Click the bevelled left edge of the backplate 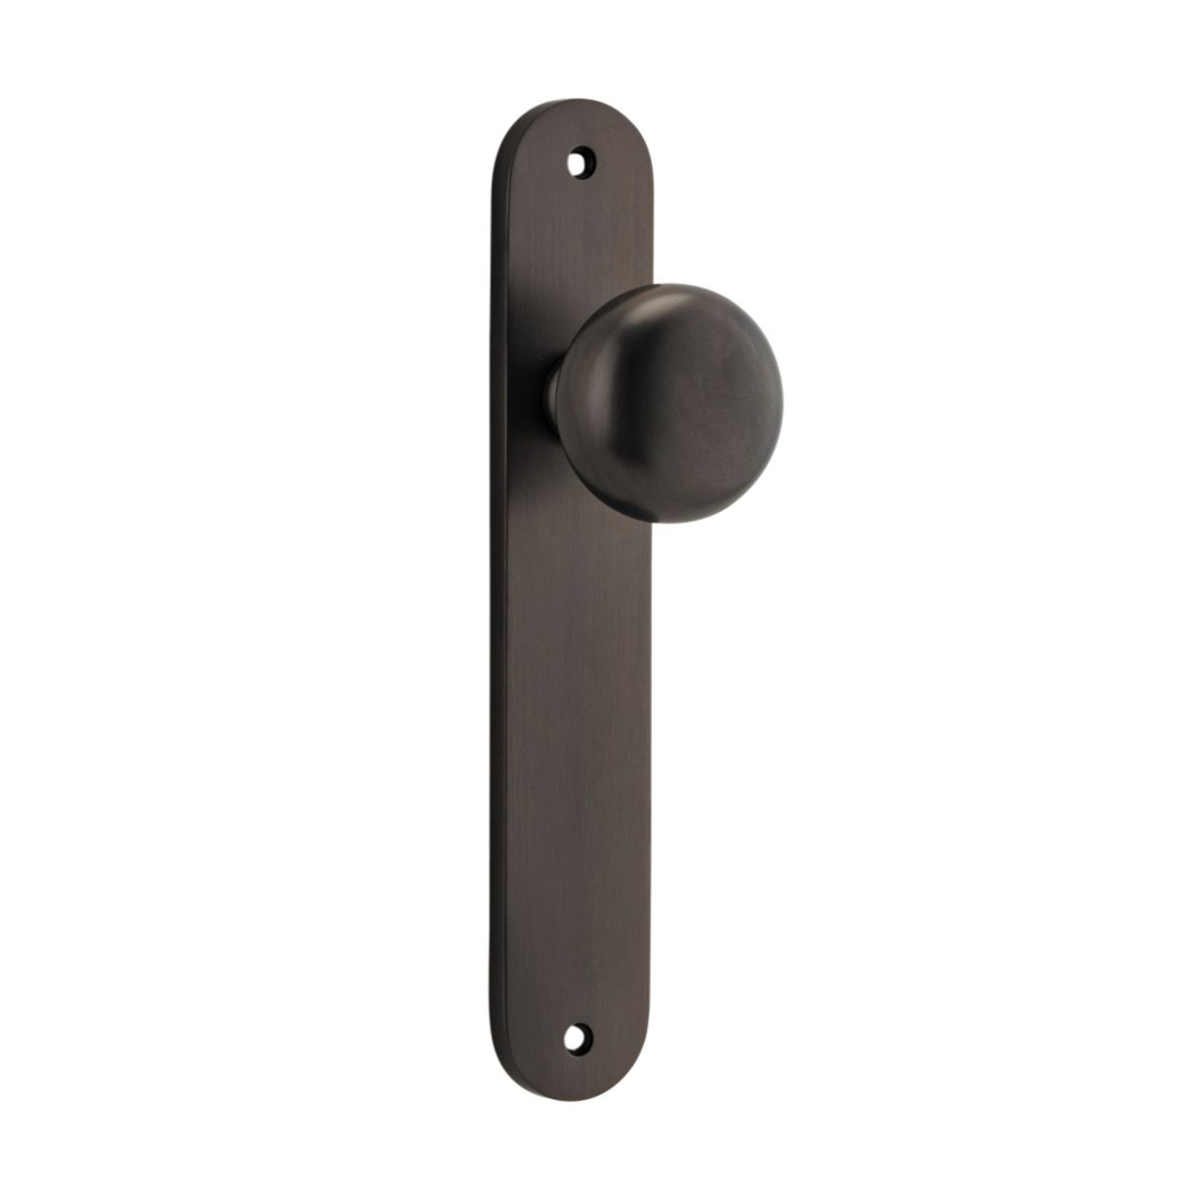click(x=494, y=593)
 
